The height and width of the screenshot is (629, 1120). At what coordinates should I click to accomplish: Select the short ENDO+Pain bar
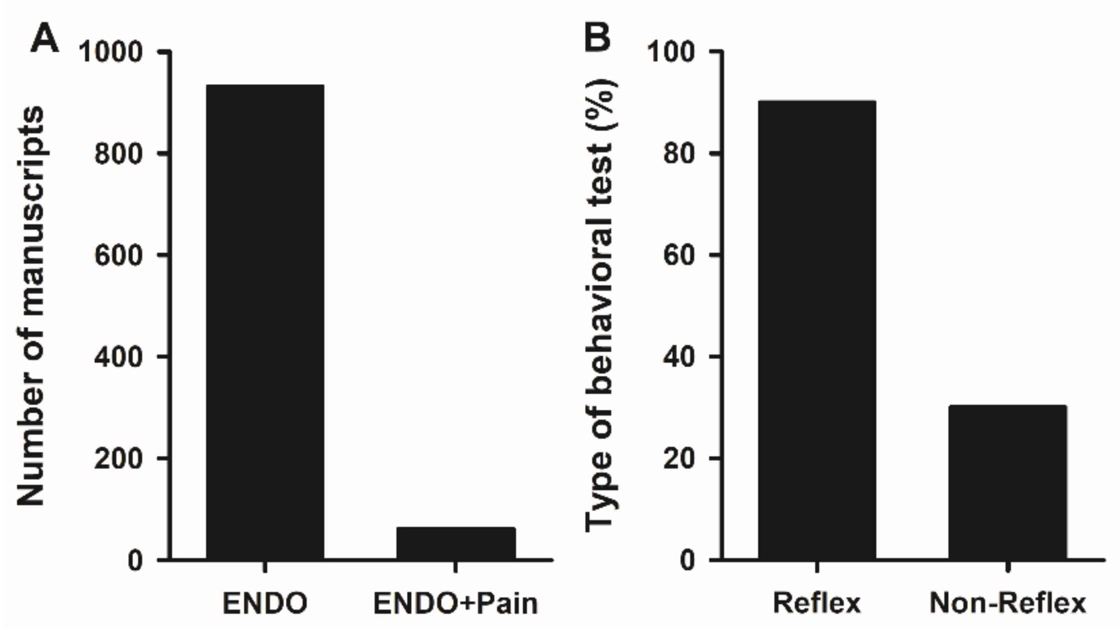point(456,543)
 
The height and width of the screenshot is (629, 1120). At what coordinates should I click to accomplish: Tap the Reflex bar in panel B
point(817,330)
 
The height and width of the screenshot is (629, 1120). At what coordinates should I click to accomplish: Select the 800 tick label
point(124,154)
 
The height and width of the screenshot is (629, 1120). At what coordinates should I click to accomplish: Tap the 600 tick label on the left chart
point(124,256)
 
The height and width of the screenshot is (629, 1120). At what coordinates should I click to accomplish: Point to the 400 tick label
point(124,357)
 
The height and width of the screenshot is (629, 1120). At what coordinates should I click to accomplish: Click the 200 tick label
point(124,459)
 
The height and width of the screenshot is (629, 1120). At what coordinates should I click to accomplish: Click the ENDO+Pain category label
point(456,603)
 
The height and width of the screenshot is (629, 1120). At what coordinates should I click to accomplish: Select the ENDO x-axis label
point(265,603)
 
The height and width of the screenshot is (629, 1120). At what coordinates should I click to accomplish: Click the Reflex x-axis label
point(817,603)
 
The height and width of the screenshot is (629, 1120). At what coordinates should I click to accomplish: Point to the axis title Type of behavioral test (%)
point(601,305)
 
